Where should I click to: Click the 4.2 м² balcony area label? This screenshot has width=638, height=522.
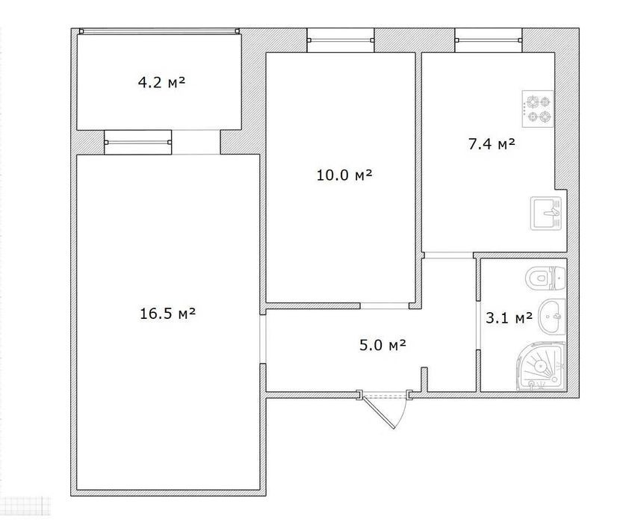coord(161,83)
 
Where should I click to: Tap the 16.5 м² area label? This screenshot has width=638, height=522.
coord(167,314)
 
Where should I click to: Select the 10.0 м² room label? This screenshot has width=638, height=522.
coord(344,175)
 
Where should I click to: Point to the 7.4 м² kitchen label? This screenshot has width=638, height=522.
coord(492,143)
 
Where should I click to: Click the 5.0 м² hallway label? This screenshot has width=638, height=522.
coord(383,345)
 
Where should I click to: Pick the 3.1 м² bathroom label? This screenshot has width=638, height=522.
coord(509,317)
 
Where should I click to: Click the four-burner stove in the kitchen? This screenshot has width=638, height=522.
coord(538,108)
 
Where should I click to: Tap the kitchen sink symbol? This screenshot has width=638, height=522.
coord(545,213)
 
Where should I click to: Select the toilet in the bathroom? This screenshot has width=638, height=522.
coord(545,279)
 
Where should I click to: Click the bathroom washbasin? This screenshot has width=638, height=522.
coord(552,316)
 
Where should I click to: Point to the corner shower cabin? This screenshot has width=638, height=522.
coord(541,366)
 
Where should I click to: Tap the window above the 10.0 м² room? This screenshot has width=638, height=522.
coord(340,40)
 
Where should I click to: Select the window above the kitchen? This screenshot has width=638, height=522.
coord(489,40)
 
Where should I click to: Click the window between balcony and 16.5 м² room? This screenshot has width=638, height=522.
coord(138,143)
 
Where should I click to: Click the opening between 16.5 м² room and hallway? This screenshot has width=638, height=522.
coord(263,339)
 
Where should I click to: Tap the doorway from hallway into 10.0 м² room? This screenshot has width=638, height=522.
coord(385,306)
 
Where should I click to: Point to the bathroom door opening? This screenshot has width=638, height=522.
coord(477,325)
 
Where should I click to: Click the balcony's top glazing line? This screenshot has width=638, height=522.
coord(160,31)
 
